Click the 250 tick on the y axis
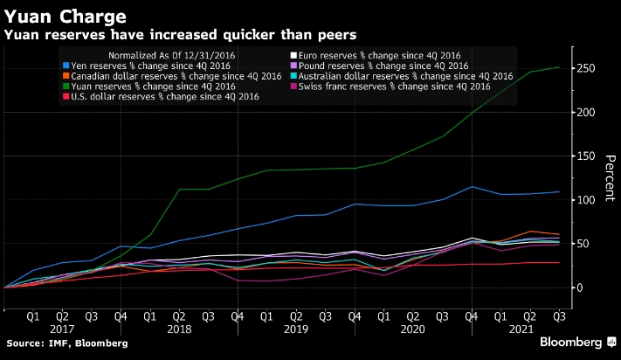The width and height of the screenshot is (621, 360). [585, 69]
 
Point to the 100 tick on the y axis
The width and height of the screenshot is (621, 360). [585, 200]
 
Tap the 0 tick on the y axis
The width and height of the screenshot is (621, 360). [579, 287]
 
